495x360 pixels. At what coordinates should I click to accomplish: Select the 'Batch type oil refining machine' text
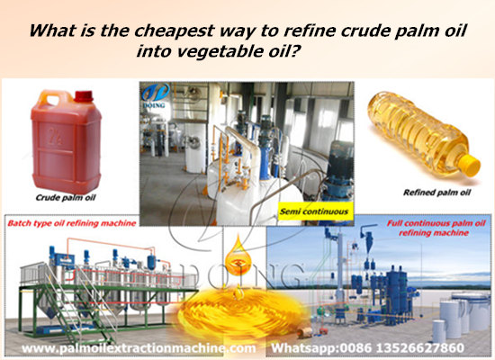[69, 221]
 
